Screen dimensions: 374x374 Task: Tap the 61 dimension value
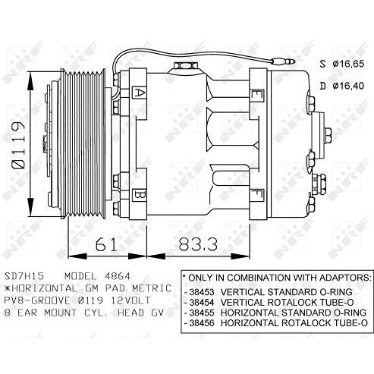[106, 244]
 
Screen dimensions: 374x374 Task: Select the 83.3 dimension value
[198, 244]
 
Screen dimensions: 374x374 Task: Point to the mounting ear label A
[139, 93]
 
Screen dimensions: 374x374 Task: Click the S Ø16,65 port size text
[342, 64]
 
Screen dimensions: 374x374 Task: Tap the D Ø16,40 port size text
[342, 86]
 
